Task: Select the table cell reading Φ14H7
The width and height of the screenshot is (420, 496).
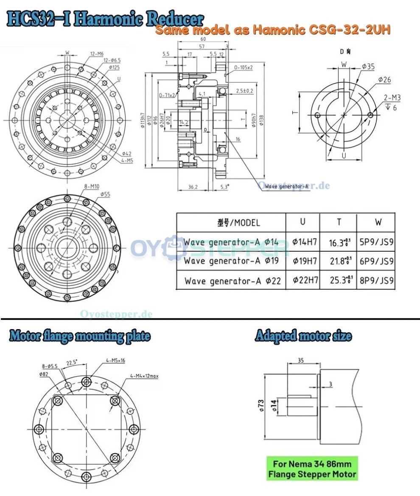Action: click(304, 242)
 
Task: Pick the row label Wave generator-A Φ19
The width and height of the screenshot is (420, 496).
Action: click(231, 261)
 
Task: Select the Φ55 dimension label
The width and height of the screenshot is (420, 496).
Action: click(105, 194)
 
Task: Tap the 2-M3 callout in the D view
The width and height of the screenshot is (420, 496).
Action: click(391, 98)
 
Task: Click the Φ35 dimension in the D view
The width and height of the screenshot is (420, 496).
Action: click(368, 66)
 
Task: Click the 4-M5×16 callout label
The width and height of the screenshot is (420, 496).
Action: click(115, 361)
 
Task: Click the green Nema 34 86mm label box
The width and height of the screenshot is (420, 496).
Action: click(312, 468)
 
